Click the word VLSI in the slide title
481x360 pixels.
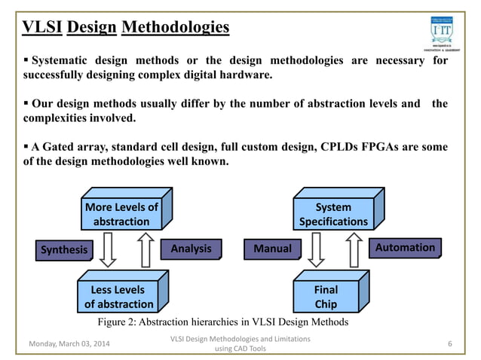click(41, 29)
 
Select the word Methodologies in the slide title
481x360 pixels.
click(176, 29)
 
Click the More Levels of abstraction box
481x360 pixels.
click(121, 215)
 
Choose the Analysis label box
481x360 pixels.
click(191, 249)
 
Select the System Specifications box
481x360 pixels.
click(333, 215)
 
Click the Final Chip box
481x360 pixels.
click(325, 297)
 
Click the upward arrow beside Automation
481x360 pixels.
click(354, 249)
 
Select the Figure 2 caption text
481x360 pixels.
click(223, 322)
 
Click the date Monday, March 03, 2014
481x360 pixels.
click(71, 344)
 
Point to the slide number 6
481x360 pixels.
click(449, 344)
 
